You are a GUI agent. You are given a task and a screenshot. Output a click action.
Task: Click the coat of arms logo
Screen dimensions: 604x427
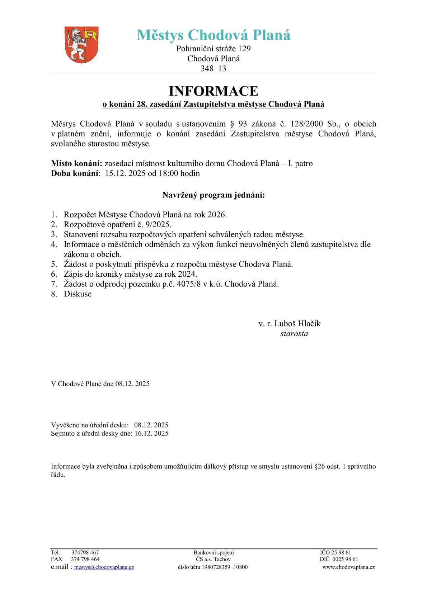[81, 45]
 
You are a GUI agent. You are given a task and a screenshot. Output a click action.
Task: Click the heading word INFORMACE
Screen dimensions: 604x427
[213, 91]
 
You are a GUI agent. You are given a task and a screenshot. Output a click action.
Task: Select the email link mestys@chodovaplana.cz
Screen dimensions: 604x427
[104, 568]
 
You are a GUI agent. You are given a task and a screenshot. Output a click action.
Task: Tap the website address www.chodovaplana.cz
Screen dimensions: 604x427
[348, 567]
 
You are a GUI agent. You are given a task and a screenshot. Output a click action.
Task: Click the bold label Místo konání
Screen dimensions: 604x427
[76, 164]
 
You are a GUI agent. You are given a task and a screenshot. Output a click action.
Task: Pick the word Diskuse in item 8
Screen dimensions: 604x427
[78, 294]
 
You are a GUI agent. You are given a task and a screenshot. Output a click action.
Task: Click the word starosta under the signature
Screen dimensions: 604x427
[294, 333]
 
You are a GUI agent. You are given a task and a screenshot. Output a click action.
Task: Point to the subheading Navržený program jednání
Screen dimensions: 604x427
[213, 195]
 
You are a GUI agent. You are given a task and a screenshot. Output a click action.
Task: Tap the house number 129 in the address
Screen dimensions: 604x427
[244, 48]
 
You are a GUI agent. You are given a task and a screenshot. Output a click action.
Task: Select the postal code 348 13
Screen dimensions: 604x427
[213, 69]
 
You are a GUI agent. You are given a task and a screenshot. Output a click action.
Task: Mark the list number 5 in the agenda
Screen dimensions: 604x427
[54, 264]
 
